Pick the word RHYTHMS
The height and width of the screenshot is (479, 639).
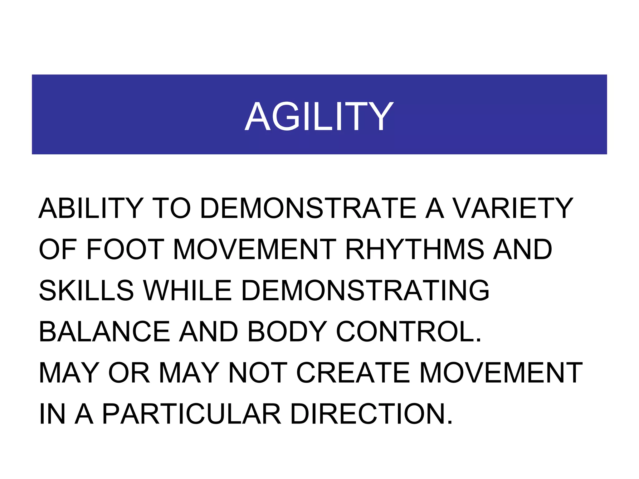coord(415,249)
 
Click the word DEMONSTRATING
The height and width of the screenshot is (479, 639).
coord(365,290)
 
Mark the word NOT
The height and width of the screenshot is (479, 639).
coord(258,373)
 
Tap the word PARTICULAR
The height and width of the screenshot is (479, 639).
coord(192,414)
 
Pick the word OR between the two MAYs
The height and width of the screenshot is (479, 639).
coord(129,373)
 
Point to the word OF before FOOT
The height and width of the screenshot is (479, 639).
coord(58,249)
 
